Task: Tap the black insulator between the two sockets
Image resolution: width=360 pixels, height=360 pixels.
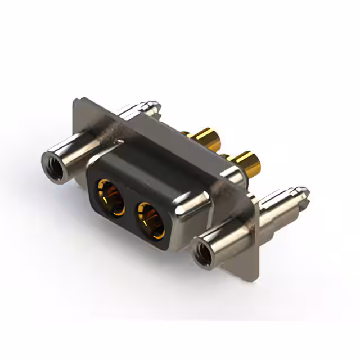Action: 130,208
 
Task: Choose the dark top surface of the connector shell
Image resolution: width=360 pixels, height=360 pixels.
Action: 157,163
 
